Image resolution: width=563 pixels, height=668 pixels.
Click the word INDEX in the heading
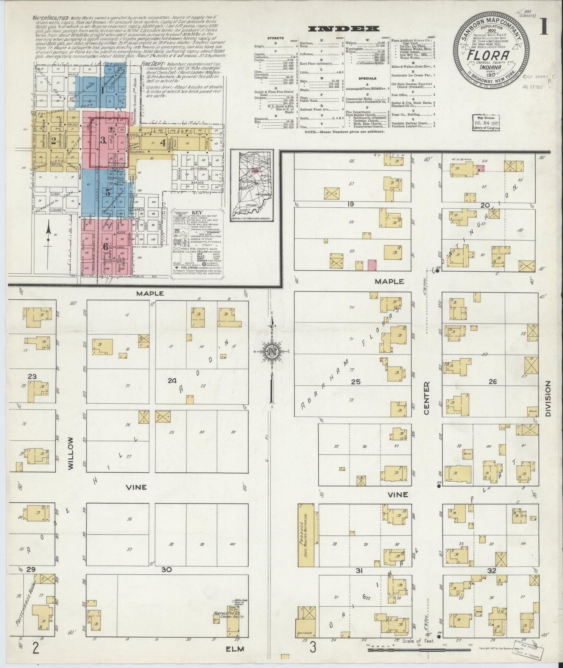344,28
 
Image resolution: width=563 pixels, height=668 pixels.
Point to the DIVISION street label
549,399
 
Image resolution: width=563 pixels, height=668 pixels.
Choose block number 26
492,382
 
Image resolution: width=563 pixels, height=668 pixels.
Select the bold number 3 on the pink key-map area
103,141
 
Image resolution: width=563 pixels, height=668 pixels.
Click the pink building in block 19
372,265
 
